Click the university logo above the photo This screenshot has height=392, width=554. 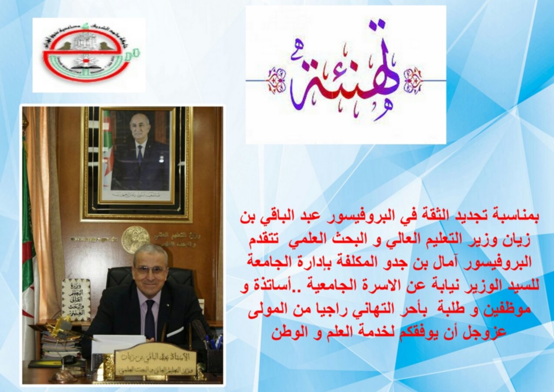coord(89,55)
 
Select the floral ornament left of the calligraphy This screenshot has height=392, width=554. coord(277,81)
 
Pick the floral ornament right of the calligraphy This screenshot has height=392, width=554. coord(413,81)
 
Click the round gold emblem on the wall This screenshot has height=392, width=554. coord(135,239)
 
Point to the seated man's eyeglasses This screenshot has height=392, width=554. coord(151,270)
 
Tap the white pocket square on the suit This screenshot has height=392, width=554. coord(175,332)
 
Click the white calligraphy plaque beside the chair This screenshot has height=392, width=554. coord(76,300)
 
